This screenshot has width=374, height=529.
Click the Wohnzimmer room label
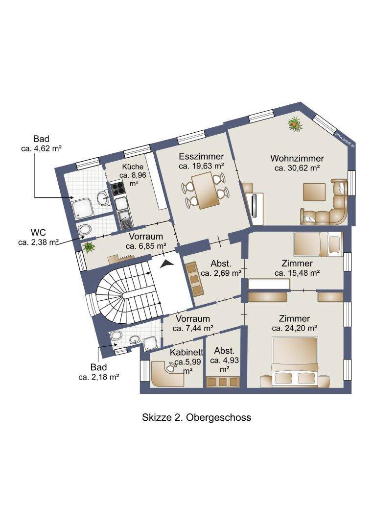point(297,158)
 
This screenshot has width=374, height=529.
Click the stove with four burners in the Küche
point(117,189)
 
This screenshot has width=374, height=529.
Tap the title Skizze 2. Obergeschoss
point(197,417)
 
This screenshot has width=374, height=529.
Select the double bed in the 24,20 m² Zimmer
point(295,362)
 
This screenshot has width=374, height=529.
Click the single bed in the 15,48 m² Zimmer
point(318,243)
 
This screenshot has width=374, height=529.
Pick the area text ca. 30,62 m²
point(297,168)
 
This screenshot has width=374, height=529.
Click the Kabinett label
point(187,352)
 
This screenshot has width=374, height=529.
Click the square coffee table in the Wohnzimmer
point(314,192)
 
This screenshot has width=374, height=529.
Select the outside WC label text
point(38,233)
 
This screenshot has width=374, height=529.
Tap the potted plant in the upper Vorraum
point(89,247)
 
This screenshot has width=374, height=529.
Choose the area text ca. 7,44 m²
point(192,328)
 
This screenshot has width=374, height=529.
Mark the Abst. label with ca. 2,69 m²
point(221,264)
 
